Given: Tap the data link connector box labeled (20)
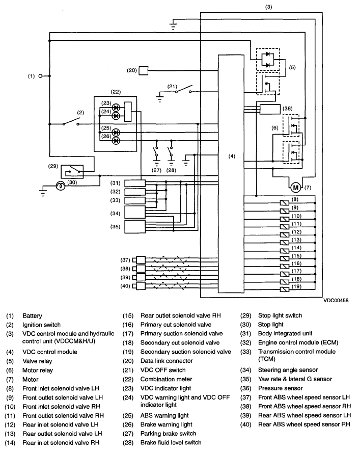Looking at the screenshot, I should pyautogui.click(x=144, y=70).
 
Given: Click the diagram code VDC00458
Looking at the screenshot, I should pyautogui.click(x=336, y=300).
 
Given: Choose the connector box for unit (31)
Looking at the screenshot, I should pyautogui.click(x=135, y=183).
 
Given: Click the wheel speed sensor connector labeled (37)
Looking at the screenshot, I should pyautogui.click(x=141, y=260).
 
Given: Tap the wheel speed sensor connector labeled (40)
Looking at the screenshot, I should pyautogui.click(x=141, y=286).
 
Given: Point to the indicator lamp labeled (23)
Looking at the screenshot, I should pyautogui.click(x=116, y=108).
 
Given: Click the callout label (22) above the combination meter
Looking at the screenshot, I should pyautogui.click(x=115, y=92).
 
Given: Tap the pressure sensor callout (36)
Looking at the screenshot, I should pyautogui.click(x=287, y=109).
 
